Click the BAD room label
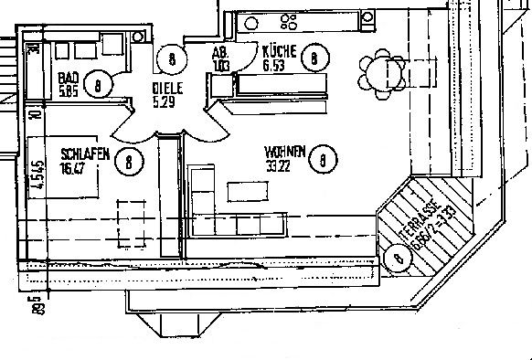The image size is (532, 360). coord(67,79)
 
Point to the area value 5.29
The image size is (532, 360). coord(164,101)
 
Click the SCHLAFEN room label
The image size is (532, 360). coord(85,154)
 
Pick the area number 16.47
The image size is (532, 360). coord(73,167)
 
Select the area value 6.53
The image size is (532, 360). coord(275,65)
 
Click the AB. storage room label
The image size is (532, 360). coord(219,53)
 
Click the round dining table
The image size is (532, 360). coord(379,67)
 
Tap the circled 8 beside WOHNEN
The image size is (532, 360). coord(324,162)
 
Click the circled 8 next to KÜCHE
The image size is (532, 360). coord(314,58)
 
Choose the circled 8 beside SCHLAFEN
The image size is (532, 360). coord(131,162)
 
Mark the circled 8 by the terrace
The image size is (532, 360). coord(397,259)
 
